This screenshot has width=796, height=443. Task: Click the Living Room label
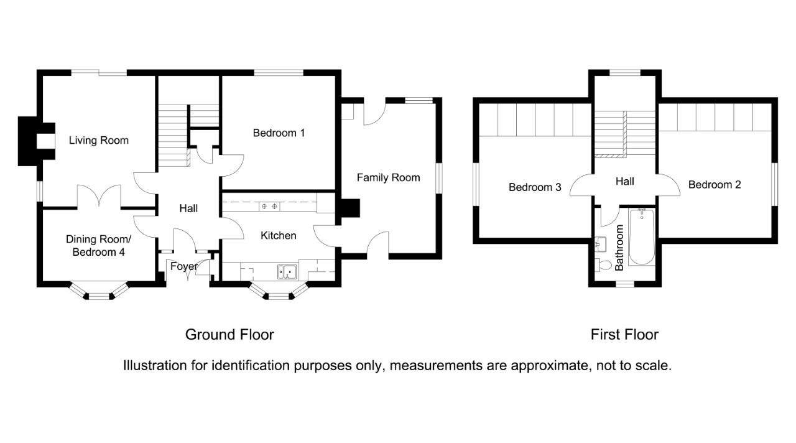(99, 141)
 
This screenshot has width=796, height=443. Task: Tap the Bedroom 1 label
(279, 133)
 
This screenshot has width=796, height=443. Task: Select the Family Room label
(388, 178)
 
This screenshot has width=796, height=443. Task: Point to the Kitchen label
(278, 236)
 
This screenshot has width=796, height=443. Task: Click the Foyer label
(183, 267)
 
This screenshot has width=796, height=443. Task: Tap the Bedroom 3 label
(535, 187)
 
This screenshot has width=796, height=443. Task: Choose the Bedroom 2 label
(715, 185)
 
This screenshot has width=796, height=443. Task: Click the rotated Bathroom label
(619, 248)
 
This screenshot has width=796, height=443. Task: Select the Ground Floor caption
(229, 335)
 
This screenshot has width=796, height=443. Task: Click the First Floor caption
(624, 335)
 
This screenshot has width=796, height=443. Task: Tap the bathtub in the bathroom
(641, 237)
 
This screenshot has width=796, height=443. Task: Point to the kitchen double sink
(287, 271)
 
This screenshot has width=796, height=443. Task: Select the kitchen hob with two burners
(269, 206)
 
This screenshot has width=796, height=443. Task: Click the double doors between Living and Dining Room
(98, 196)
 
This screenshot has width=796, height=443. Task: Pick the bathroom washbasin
(600, 243)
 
